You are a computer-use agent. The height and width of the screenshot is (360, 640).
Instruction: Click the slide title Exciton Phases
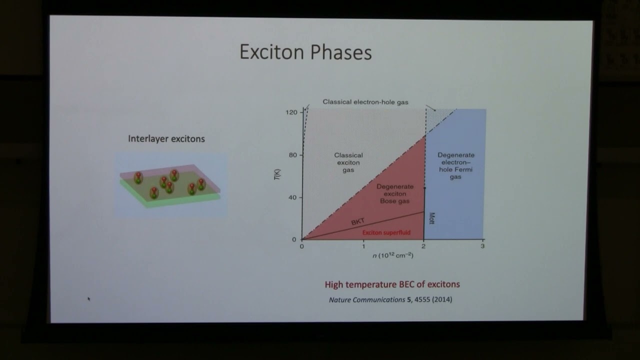point(305,52)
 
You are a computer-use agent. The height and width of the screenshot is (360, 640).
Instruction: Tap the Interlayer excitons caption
point(166,138)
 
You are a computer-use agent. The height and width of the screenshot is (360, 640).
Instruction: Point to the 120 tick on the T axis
point(291,112)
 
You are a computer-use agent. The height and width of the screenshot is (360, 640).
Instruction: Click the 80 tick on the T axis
point(292,155)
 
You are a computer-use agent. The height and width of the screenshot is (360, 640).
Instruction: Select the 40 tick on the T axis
point(292,197)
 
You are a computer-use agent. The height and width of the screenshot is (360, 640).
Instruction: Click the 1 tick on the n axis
point(363,246)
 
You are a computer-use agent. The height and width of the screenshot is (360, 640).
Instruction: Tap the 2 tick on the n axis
point(424,246)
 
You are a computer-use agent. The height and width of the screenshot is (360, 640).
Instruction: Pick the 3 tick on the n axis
point(482,246)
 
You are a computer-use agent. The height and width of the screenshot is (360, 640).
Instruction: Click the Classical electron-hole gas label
point(365,102)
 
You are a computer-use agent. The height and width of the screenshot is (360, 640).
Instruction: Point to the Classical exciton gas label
point(348,162)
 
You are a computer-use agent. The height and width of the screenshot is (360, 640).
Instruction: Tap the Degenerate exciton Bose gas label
point(393,193)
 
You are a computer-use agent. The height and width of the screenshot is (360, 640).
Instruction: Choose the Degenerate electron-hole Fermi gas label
point(455,166)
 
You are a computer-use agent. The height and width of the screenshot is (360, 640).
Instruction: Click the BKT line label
point(358,221)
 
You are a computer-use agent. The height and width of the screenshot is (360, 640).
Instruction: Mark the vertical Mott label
point(431,218)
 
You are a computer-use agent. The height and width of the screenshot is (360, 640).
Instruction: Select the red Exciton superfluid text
point(386,232)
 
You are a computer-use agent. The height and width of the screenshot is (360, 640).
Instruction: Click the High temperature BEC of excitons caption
point(392,284)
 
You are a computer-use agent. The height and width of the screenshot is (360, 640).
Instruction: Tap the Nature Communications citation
point(390,300)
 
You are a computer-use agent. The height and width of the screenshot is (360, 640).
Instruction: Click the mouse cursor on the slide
point(89,299)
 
